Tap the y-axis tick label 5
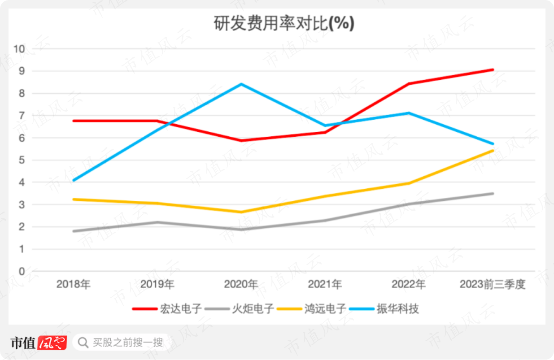21,160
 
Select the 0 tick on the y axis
21,271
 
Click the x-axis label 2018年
73,284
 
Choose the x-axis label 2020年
241,284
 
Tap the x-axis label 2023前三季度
492,284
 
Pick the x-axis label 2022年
408,284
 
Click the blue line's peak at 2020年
241,84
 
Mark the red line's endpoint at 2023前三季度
493,70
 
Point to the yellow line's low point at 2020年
241,212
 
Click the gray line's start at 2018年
74,231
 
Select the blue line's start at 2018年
74,181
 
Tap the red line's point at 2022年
409,84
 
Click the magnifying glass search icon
83,343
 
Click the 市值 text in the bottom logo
23,343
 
